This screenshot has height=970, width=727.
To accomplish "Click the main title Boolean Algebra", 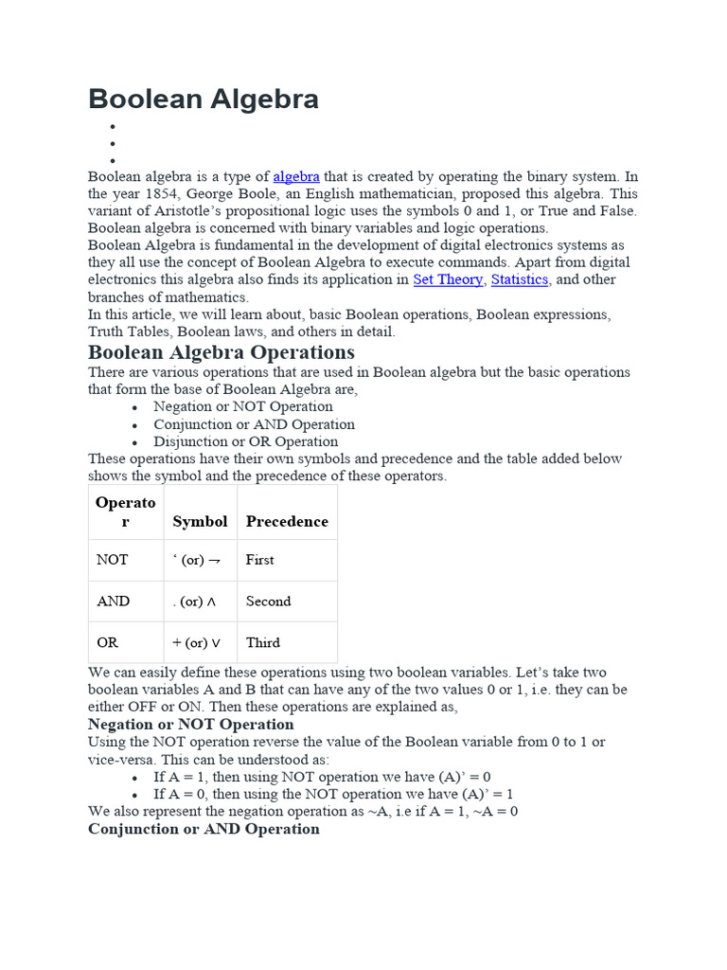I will click(204, 99).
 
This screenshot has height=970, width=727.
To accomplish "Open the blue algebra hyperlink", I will click(296, 177).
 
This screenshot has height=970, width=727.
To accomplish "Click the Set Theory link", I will click(448, 279).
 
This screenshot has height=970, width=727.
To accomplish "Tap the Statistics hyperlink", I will click(520, 279).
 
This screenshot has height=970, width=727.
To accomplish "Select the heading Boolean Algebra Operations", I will click(222, 352).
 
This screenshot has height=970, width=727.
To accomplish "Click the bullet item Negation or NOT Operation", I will click(243, 407).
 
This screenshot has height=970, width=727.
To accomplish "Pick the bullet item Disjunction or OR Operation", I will click(245, 441).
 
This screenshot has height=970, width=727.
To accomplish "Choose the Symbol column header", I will click(200, 522).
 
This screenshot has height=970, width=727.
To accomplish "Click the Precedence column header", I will click(287, 522).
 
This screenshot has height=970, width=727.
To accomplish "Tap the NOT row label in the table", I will click(112, 560).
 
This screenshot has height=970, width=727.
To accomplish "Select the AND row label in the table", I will click(114, 602).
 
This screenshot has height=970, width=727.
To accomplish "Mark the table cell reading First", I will click(259, 560).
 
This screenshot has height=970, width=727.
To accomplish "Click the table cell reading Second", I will click(268, 602).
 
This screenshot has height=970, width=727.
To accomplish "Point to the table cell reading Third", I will click(262, 642).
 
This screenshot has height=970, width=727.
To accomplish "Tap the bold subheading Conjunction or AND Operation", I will click(204, 829).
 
